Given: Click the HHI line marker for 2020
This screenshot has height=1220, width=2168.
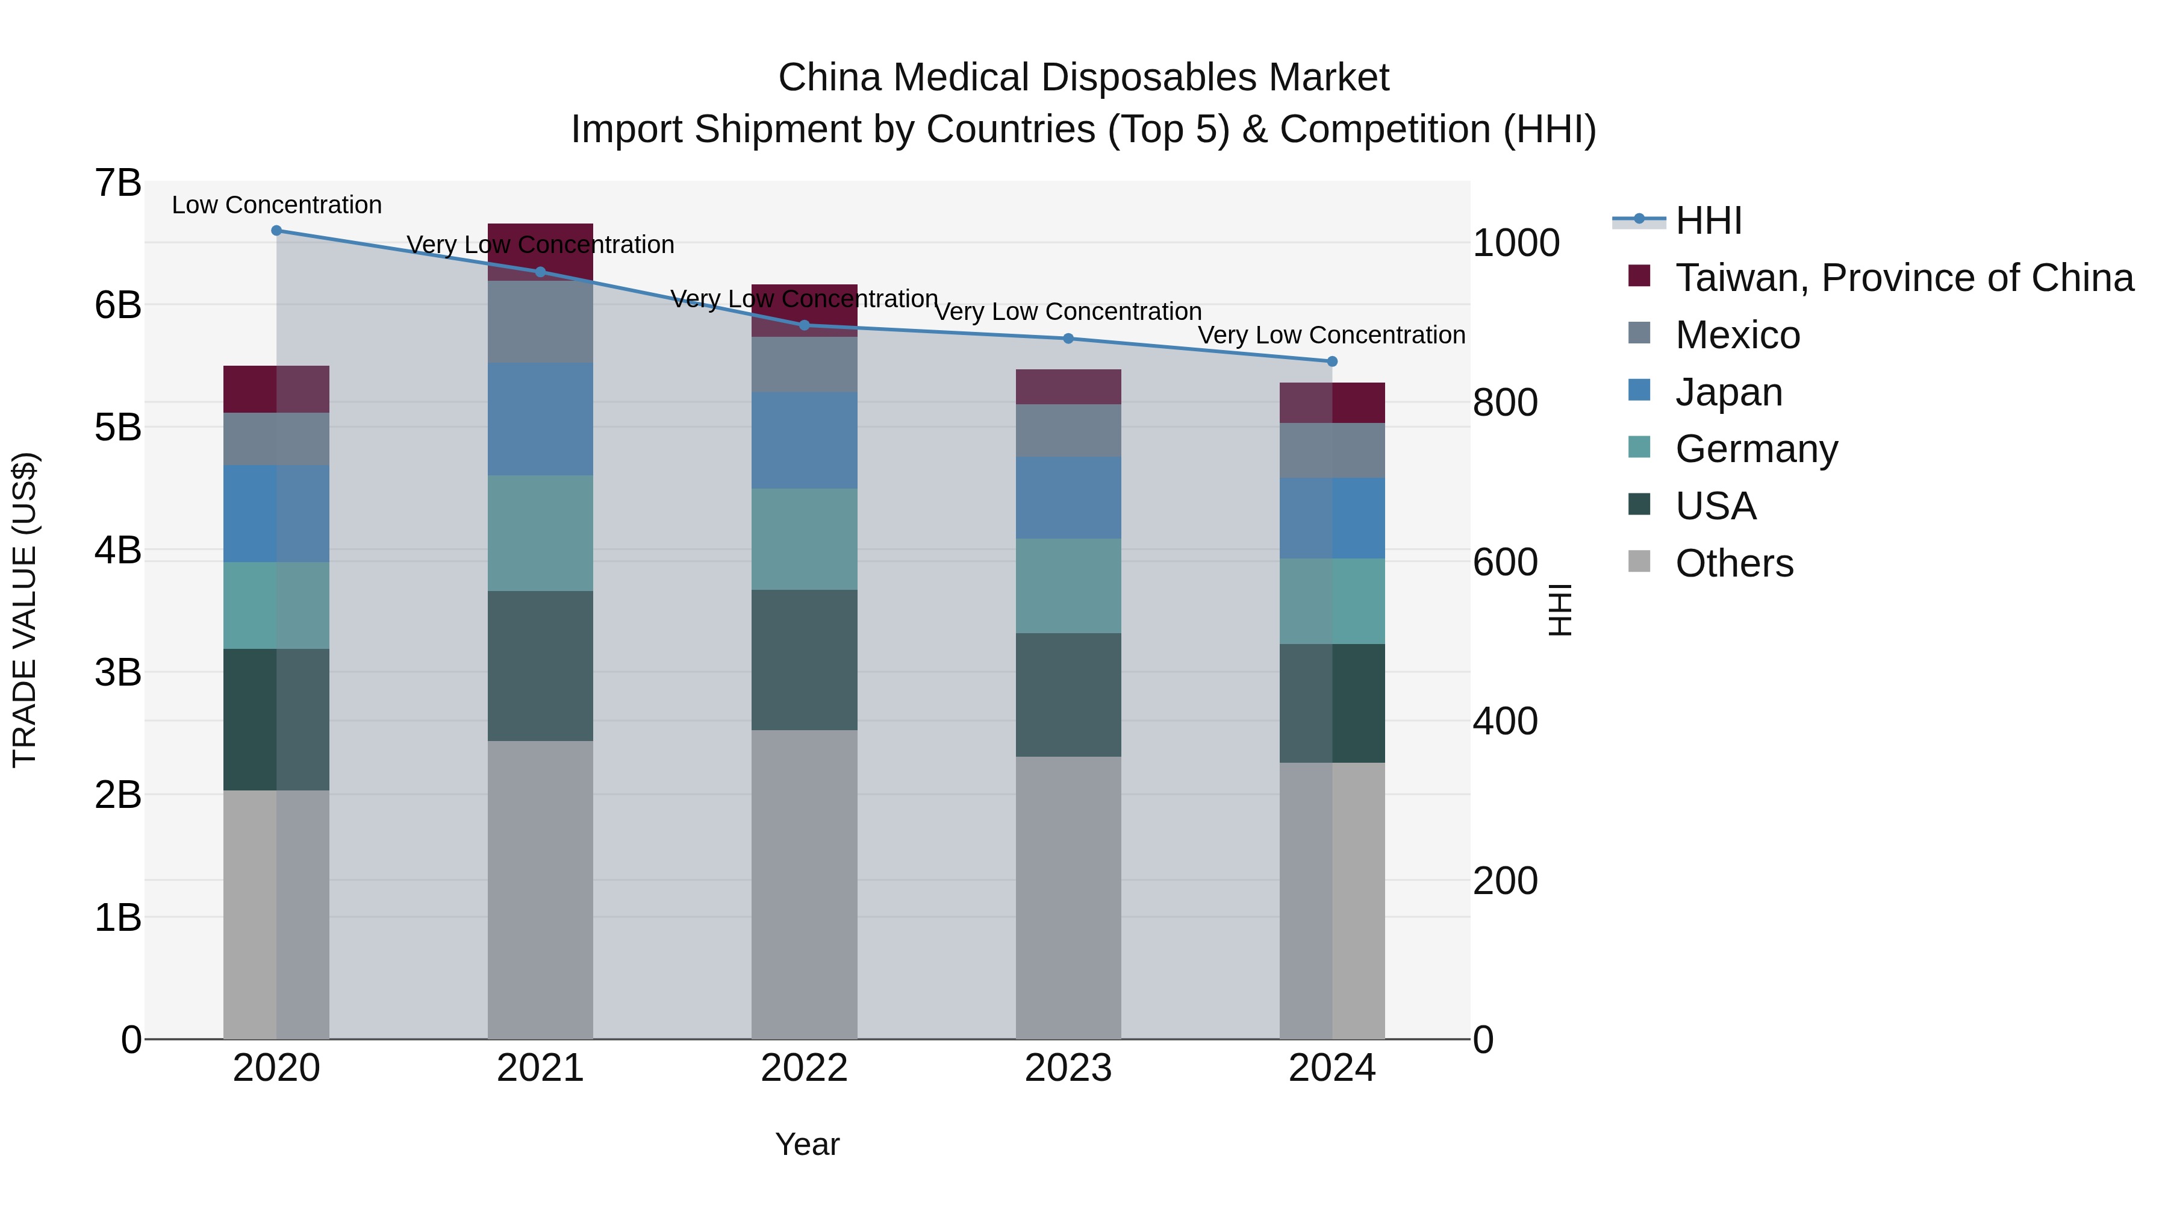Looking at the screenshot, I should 276,230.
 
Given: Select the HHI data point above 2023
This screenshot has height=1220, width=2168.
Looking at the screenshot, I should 1068,339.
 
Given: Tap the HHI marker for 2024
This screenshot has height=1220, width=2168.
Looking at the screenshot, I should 1332,361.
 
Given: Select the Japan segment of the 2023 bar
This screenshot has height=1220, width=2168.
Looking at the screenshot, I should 1068,498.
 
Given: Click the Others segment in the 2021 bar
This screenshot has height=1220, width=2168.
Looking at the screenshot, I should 540,889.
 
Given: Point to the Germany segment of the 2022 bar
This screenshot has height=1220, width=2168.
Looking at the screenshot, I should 804,539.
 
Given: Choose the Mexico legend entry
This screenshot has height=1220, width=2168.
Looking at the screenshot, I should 1737,335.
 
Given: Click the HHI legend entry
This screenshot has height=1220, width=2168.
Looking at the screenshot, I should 1708,221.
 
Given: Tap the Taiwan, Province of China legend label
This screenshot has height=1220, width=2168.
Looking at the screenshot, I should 1904,278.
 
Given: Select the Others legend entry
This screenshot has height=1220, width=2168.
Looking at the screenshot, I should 1734,563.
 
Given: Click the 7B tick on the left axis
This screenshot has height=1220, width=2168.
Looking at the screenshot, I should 118,184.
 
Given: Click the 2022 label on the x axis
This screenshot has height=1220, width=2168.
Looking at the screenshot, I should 804,1068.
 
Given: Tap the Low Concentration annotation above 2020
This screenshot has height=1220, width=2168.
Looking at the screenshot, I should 276,205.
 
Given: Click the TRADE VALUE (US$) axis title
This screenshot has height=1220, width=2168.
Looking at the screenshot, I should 25,610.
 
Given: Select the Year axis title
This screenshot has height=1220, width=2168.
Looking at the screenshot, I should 806,1144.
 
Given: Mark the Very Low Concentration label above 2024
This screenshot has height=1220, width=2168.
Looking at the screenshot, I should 1332,335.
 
